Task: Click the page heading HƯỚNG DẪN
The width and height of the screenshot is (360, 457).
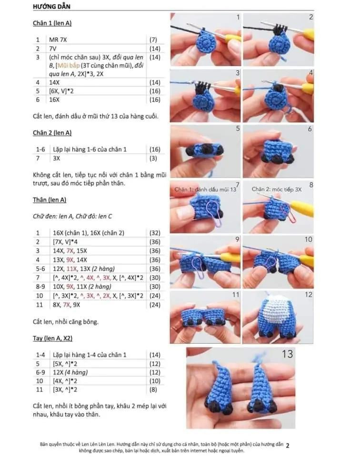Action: point(52,6)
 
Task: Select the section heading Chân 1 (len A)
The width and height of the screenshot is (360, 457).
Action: point(52,23)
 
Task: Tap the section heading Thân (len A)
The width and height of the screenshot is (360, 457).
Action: point(50,200)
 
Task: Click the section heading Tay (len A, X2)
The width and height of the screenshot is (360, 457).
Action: point(53,338)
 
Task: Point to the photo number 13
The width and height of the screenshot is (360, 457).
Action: point(287,354)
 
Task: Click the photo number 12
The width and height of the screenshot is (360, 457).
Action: point(309,295)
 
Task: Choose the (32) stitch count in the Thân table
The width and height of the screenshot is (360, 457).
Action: point(155,233)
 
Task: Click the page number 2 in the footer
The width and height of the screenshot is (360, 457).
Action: point(288,446)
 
